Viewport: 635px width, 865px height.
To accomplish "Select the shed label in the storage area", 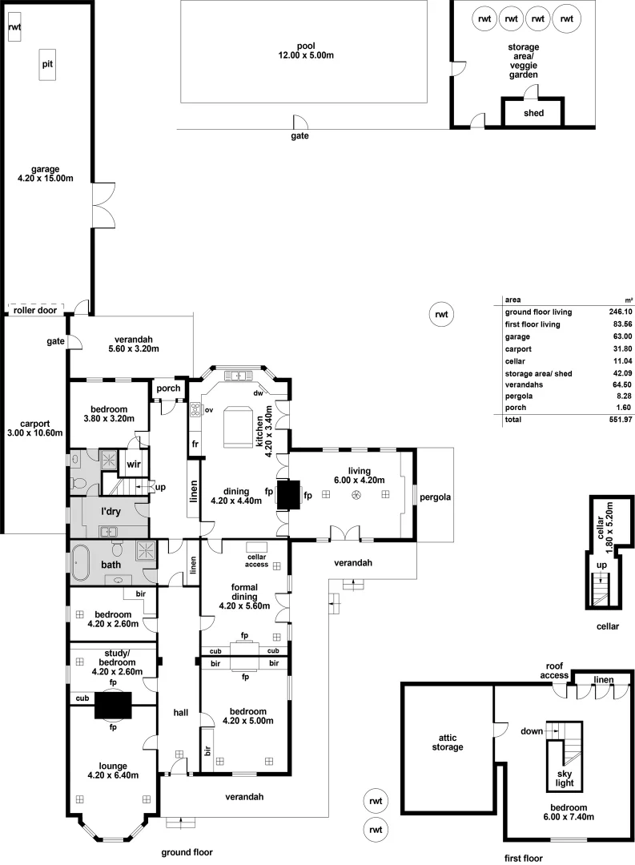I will click(x=533, y=113).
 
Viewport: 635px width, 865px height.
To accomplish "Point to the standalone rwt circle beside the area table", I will click(x=440, y=315).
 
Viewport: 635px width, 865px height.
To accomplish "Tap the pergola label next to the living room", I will click(x=436, y=497).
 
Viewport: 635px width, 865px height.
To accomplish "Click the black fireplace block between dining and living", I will click(x=289, y=493).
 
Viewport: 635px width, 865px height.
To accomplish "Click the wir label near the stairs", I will click(x=134, y=464).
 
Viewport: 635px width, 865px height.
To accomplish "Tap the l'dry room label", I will click(x=111, y=510).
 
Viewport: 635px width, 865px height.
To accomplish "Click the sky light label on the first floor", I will click(x=565, y=778).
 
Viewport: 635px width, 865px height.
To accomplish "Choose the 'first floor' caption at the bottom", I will click(x=524, y=858).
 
